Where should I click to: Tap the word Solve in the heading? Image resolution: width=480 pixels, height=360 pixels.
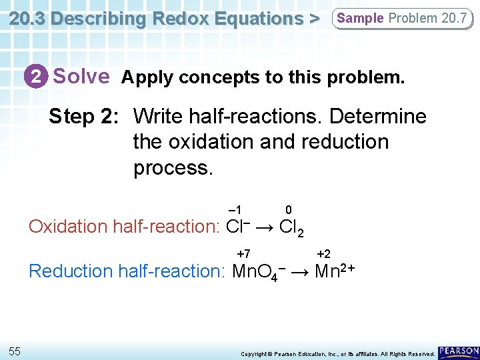pos(81,76)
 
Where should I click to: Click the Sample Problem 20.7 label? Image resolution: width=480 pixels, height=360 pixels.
pos(401,18)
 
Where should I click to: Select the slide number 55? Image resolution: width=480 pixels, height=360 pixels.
pos(15,351)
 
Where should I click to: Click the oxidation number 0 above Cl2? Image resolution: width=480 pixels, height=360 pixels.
pos(287,210)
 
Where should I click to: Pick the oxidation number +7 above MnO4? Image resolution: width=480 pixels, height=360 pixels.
pos(244,254)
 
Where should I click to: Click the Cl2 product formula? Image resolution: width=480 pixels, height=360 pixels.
pos(292,228)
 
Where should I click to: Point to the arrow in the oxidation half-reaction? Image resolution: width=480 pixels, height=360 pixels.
pos(264,227)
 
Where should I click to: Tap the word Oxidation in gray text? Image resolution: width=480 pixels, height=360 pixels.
pos(69,227)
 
